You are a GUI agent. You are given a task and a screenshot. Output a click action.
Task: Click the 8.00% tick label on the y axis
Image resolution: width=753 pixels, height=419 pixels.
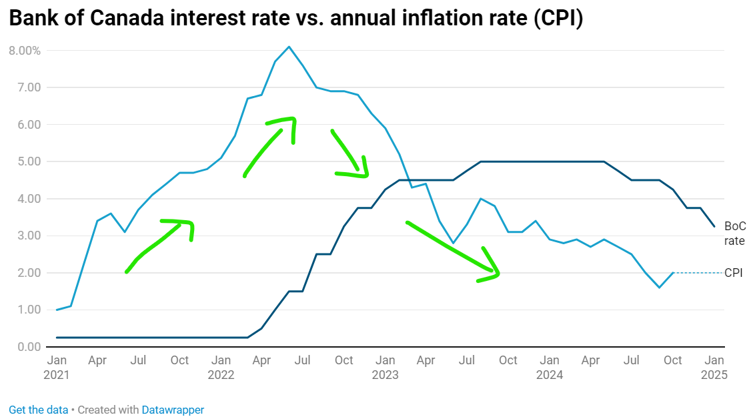coord(25,51)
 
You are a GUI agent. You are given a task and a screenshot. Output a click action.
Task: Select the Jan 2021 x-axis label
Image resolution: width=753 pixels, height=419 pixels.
coord(57,367)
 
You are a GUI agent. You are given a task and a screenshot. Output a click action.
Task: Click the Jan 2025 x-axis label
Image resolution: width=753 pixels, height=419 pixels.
coord(714,367)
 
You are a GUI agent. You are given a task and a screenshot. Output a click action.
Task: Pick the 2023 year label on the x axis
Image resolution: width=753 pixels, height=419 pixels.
coord(386,374)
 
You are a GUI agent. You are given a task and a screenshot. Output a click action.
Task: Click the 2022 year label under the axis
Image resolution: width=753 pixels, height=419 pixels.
coord(221,374)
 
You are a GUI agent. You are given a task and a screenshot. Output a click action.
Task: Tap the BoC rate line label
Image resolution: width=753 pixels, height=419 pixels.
coord(734,234)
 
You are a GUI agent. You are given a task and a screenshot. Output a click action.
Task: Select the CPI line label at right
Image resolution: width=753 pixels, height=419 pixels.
coord(734,273)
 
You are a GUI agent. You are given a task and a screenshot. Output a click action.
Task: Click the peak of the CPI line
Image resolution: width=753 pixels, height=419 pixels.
coord(289,47)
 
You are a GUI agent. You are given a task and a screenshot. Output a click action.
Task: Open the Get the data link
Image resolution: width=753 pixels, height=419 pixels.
coord(38,410)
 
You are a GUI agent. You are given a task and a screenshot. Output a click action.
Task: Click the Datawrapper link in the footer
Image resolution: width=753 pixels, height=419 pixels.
coord(173,410)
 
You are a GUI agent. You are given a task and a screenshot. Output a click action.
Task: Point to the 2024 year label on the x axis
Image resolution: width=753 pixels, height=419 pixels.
coord(550,374)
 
